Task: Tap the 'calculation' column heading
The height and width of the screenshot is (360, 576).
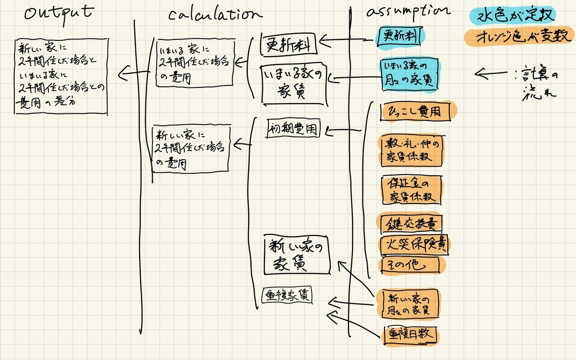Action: pyautogui.click(x=215, y=15)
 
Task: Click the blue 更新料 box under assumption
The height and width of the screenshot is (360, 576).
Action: pyautogui.click(x=400, y=36)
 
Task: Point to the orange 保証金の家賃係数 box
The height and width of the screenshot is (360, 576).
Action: pyautogui.click(x=411, y=190)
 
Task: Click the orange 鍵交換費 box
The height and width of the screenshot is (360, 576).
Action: pyautogui.click(x=409, y=224)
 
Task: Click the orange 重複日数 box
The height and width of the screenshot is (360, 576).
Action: pyautogui.click(x=410, y=334)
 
